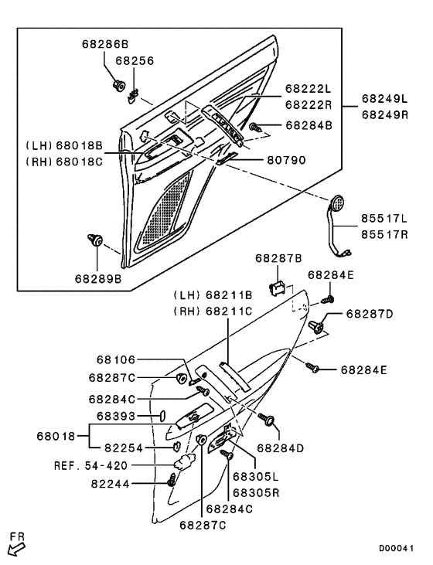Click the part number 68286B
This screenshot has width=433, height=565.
(x=105, y=44)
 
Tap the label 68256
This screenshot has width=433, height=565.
(x=135, y=60)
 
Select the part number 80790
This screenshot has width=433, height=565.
(x=286, y=160)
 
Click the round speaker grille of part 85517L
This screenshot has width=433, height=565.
(x=337, y=203)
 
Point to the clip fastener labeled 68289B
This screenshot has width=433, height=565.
(x=95, y=240)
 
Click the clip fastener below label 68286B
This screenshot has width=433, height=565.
(x=118, y=86)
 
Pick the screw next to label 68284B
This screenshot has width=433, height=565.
(x=255, y=128)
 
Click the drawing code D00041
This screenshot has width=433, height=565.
(x=396, y=548)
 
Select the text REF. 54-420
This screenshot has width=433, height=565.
(x=91, y=465)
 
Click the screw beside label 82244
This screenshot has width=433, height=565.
(x=172, y=480)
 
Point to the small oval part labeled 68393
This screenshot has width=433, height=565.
(x=162, y=415)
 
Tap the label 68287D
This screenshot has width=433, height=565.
(x=370, y=314)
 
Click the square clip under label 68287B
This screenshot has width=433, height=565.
(x=278, y=289)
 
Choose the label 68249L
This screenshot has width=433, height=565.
(x=385, y=98)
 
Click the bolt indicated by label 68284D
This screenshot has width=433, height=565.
(x=268, y=420)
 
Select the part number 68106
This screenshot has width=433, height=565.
(x=116, y=359)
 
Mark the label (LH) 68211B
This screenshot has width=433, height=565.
(x=213, y=295)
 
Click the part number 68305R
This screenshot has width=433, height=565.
(x=256, y=492)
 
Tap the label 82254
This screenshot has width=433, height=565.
(x=124, y=448)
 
